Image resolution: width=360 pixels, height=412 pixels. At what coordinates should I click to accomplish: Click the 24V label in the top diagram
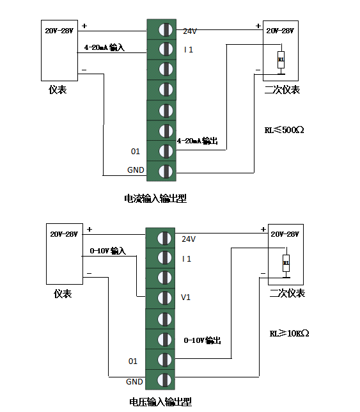[190, 31]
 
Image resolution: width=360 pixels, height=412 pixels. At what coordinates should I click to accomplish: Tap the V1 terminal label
[185, 297]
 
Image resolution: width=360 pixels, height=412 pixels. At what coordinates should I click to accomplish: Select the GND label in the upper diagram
[136, 170]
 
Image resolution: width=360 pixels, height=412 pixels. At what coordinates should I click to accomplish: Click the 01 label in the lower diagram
[133, 361]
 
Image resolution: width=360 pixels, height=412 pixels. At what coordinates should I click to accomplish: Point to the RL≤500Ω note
[284, 130]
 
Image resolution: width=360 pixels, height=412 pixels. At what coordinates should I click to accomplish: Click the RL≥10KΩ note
[289, 333]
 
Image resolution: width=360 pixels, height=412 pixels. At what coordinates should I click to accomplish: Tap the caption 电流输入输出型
[155, 198]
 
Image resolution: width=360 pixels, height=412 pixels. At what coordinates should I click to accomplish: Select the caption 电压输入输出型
[160, 402]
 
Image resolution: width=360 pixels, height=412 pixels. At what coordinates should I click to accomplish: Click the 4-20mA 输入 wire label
[104, 47]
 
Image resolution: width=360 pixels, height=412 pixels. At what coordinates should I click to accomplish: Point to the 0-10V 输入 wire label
[107, 251]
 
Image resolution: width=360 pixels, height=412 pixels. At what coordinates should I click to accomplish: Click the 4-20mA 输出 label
[198, 141]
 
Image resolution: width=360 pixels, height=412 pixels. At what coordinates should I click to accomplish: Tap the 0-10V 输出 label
[202, 340]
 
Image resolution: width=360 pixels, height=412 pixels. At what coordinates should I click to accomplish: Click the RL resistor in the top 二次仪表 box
[281, 59]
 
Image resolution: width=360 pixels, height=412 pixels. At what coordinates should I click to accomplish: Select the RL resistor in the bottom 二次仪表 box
[286, 263]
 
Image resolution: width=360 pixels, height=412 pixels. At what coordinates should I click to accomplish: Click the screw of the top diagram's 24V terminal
[166, 29]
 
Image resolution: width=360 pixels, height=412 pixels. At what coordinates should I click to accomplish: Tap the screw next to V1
[164, 298]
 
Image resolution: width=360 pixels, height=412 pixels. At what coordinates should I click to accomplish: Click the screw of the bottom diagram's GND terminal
[164, 379]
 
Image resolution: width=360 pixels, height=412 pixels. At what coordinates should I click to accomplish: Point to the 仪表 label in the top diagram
[58, 90]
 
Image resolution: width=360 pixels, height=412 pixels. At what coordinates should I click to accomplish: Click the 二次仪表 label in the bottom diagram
[287, 293]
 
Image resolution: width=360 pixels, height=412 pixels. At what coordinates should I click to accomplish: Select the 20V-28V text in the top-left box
[59, 31]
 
